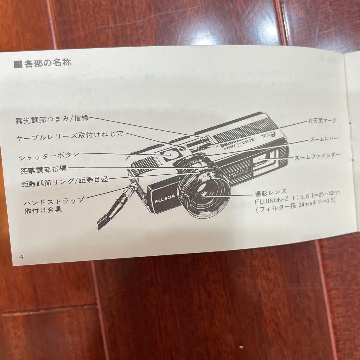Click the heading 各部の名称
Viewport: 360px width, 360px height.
click(47, 63)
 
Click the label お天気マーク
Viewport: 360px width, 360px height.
click(322, 121)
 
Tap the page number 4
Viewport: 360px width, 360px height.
click(21, 257)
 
